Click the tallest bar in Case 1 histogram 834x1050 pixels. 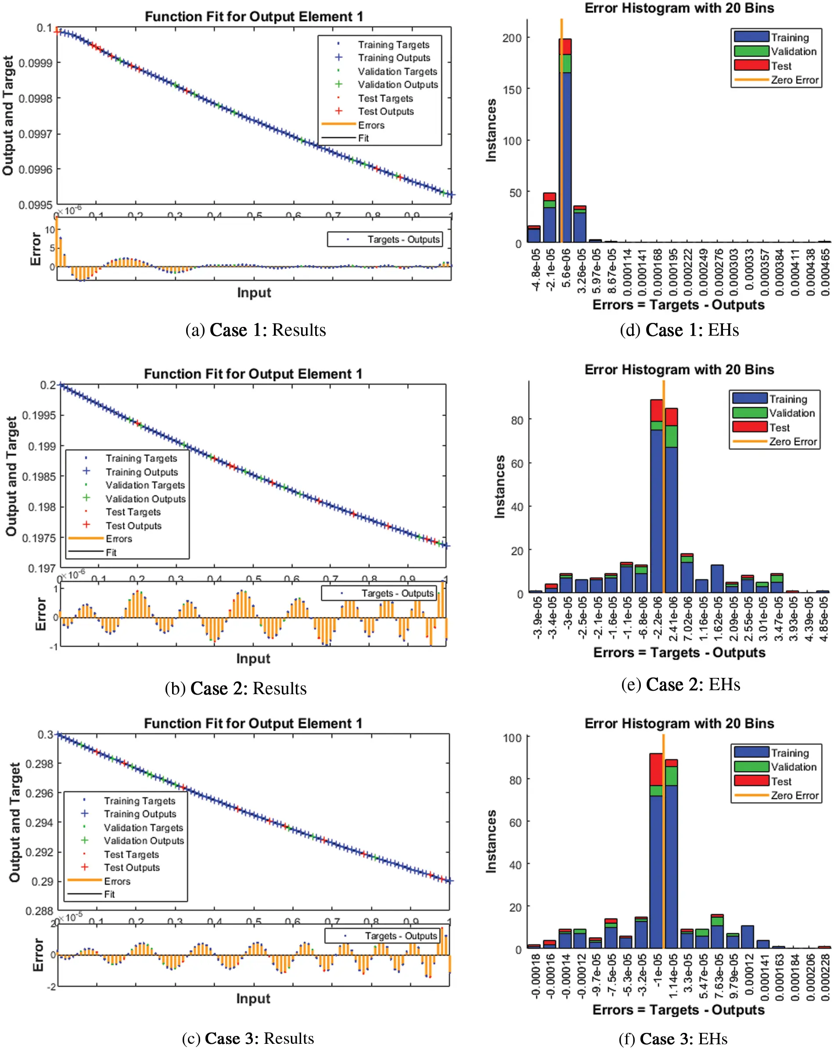[x=565, y=146]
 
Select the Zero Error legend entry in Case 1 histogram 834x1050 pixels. [x=794, y=80]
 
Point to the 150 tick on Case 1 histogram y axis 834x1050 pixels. [x=512, y=90]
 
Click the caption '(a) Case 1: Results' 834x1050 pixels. [x=255, y=330]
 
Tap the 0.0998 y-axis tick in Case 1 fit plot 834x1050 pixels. [x=36, y=98]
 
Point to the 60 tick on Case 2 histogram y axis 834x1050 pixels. [x=517, y=463]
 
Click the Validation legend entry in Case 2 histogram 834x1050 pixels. [x=791, y=413]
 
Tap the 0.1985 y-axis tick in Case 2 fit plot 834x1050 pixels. [x=41, y=477]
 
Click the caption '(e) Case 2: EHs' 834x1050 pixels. [x=680, y=684]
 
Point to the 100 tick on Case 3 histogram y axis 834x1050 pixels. [x=512, y=738]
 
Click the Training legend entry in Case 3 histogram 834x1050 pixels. [x=789, y=753]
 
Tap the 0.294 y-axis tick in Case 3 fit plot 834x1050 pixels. [x=39, y=822]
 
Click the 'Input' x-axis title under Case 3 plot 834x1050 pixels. [x=253, y=998]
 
